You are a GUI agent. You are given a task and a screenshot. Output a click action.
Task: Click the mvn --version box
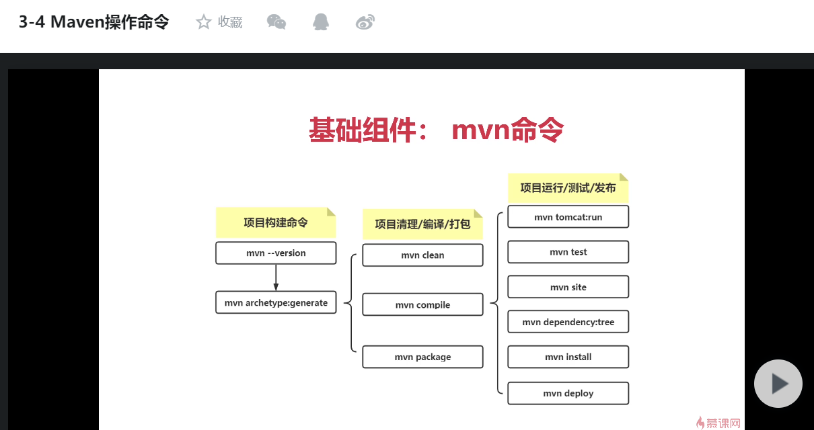276,253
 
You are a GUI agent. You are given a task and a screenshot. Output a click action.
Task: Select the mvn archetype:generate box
276,302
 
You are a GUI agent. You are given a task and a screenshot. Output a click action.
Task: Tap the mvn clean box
422,255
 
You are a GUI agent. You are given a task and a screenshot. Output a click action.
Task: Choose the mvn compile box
422,305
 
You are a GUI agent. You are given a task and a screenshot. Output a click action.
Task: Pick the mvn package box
422,357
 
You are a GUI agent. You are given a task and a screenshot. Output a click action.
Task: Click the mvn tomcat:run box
568,217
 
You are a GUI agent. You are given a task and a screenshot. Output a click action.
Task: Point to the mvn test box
568,252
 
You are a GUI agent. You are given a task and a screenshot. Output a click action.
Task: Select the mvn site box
568,287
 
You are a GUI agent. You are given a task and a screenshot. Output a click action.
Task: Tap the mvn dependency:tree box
568,322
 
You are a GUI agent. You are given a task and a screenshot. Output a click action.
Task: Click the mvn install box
568,357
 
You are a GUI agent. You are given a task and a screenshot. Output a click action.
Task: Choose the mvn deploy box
568,393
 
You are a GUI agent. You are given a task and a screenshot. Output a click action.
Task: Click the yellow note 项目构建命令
275,222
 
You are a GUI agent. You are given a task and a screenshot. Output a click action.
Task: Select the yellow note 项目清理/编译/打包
422,224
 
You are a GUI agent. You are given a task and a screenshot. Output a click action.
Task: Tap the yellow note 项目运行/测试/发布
568,188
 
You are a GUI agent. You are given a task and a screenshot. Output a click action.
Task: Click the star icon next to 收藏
203,22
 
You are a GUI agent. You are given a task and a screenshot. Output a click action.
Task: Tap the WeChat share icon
276,22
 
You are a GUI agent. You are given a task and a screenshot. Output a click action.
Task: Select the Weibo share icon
365,22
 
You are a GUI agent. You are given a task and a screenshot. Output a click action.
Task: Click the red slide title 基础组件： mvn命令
436,130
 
